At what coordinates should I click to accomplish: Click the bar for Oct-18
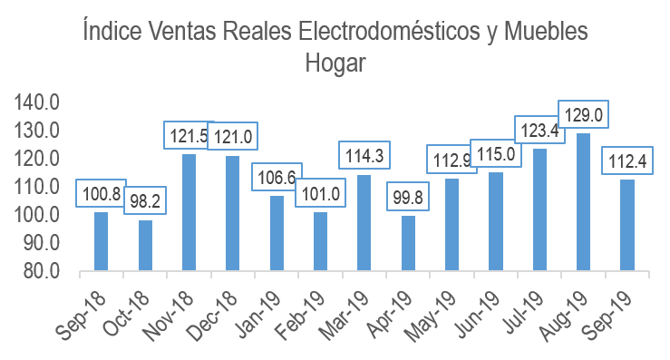point(145,245)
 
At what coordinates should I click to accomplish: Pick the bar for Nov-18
point(189,212)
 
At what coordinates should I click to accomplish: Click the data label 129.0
point(583,114)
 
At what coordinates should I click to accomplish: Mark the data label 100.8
point(101,193)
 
